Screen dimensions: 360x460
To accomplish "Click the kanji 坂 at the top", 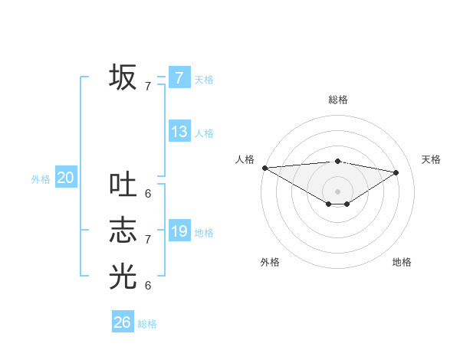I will pos(123,77).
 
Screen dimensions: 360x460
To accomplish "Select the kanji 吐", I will pos(123,185).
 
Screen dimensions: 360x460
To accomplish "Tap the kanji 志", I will pos(123,230).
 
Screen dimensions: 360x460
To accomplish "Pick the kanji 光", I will pos(123,276).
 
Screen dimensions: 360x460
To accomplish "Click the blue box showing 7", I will pos(179,77).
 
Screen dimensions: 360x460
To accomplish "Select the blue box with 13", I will pos(179,131).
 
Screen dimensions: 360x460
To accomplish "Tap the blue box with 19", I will pos(179,231).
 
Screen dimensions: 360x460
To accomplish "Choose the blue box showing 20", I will pos(65,178).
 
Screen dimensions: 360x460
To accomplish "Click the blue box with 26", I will pos(122,322).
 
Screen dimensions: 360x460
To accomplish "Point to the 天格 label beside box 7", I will pos(204,80).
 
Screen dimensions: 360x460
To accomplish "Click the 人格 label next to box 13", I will pos(204,133).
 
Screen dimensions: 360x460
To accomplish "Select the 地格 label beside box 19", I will pos(204,233).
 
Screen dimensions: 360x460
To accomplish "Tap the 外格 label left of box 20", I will pos(41,180).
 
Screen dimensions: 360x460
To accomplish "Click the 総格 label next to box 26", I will pos(147,324).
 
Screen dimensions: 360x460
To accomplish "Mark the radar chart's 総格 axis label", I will pos(337,100).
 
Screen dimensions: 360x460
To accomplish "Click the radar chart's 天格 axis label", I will pos(431,159).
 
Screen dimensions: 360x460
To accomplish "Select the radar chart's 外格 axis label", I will pos(270,262).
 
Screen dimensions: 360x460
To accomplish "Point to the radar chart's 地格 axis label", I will pos(402,262).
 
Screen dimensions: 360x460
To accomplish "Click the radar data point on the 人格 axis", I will pos(264,168).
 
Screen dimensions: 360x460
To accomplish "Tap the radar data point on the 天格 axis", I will pos(396,172).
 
